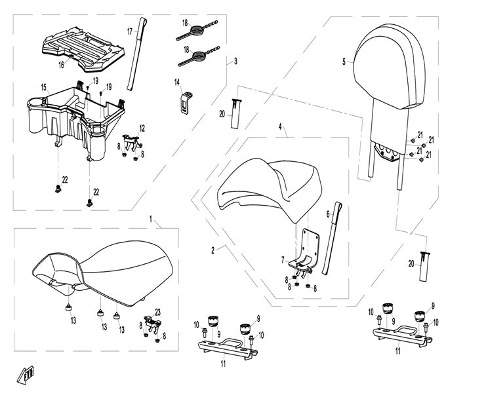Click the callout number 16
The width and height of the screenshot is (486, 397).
coord(61,65)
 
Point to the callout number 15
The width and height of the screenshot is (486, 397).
coord(43,87)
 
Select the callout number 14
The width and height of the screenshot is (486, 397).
coord(176,82)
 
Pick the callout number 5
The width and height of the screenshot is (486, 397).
coord(343,62)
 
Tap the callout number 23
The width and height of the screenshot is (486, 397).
coord(157,312)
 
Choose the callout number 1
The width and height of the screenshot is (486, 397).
coord(150,217)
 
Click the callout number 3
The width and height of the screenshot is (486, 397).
coord(235,61)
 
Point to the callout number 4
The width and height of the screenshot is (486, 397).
coord(279,125)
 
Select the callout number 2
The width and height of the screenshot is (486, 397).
coord(212,250)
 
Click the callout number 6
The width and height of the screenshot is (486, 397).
coord(327,214)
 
